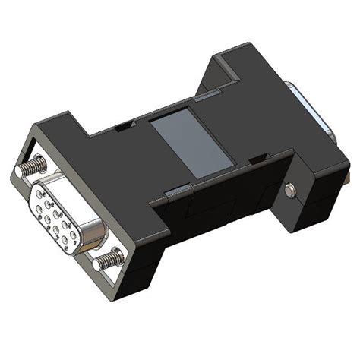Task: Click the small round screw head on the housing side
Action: (x=291, y=191)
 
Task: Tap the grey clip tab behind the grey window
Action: (x=207, y=96)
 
